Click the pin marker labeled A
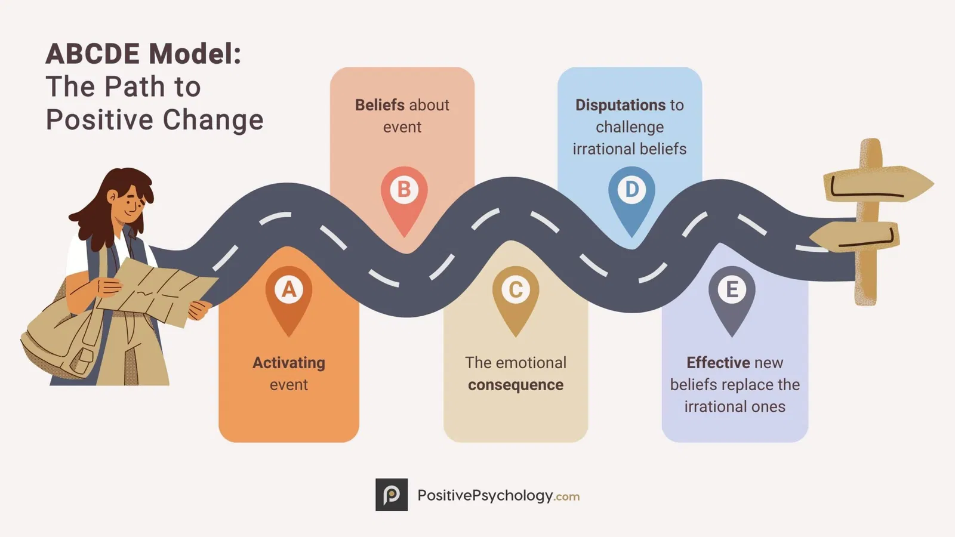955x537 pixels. click(x=289, y=294)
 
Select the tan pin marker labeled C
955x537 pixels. click(x=516, y=294)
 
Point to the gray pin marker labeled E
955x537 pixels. click(x=732, y=294)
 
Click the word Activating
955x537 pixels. click(x=289, y=363)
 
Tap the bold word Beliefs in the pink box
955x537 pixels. click(x=380, y=105)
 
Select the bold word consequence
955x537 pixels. click(x=516, y=385)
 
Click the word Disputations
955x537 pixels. click(x=620, y=105)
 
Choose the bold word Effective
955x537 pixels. click(x=718, y=363)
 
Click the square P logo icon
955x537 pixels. click(x=392, y=495)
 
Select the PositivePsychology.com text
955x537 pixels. click(x=498, y=495)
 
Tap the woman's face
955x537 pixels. click(x=130, y=206)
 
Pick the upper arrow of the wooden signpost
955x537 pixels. click(x=877, y=183)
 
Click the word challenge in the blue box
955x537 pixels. click(x=630, y=127)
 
